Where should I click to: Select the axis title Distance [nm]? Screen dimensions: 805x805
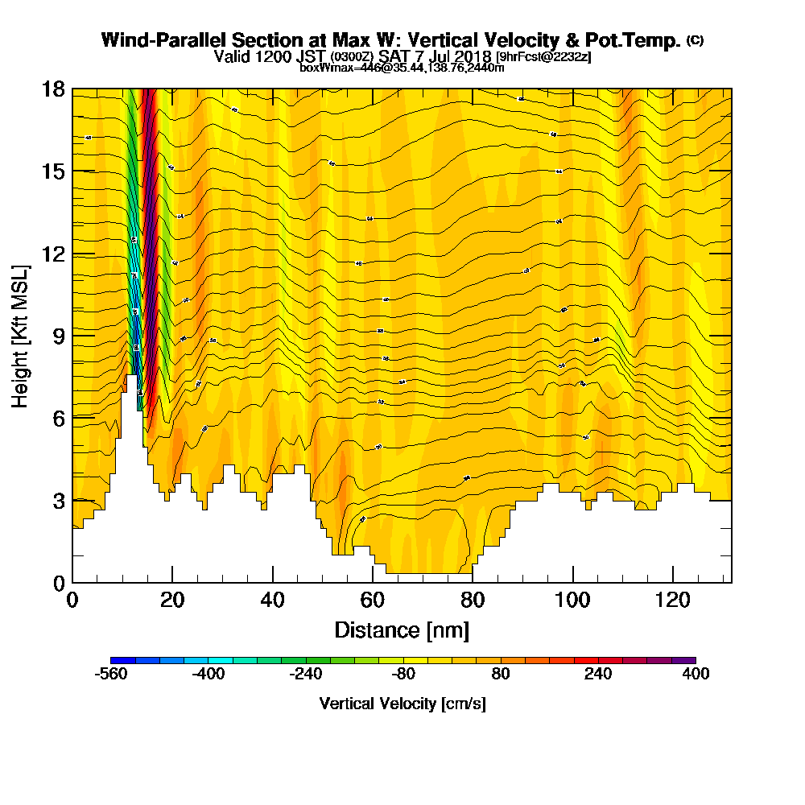(x=402, y=630)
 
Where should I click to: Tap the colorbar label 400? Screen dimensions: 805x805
(x=696, y=675)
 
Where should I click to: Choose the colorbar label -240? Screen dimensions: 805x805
(x=306, y=675)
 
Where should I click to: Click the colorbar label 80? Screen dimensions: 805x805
(x=501, y=675)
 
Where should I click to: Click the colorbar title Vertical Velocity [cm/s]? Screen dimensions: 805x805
(x=402, y=704)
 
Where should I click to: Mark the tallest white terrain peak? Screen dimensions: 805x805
(x=130, y=378)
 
